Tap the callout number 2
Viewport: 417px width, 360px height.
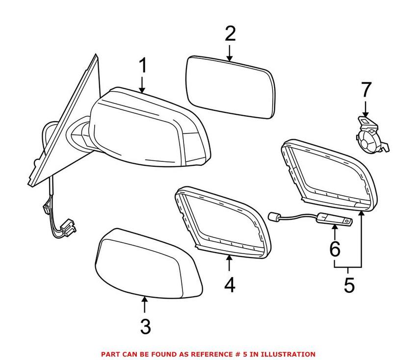230,34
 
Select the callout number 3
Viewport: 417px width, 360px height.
145,326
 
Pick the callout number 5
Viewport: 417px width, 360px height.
349,285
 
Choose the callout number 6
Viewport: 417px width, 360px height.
335,249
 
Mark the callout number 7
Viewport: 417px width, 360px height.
366,90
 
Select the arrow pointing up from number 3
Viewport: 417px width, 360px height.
145,305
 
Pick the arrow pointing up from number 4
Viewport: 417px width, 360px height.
229,264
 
